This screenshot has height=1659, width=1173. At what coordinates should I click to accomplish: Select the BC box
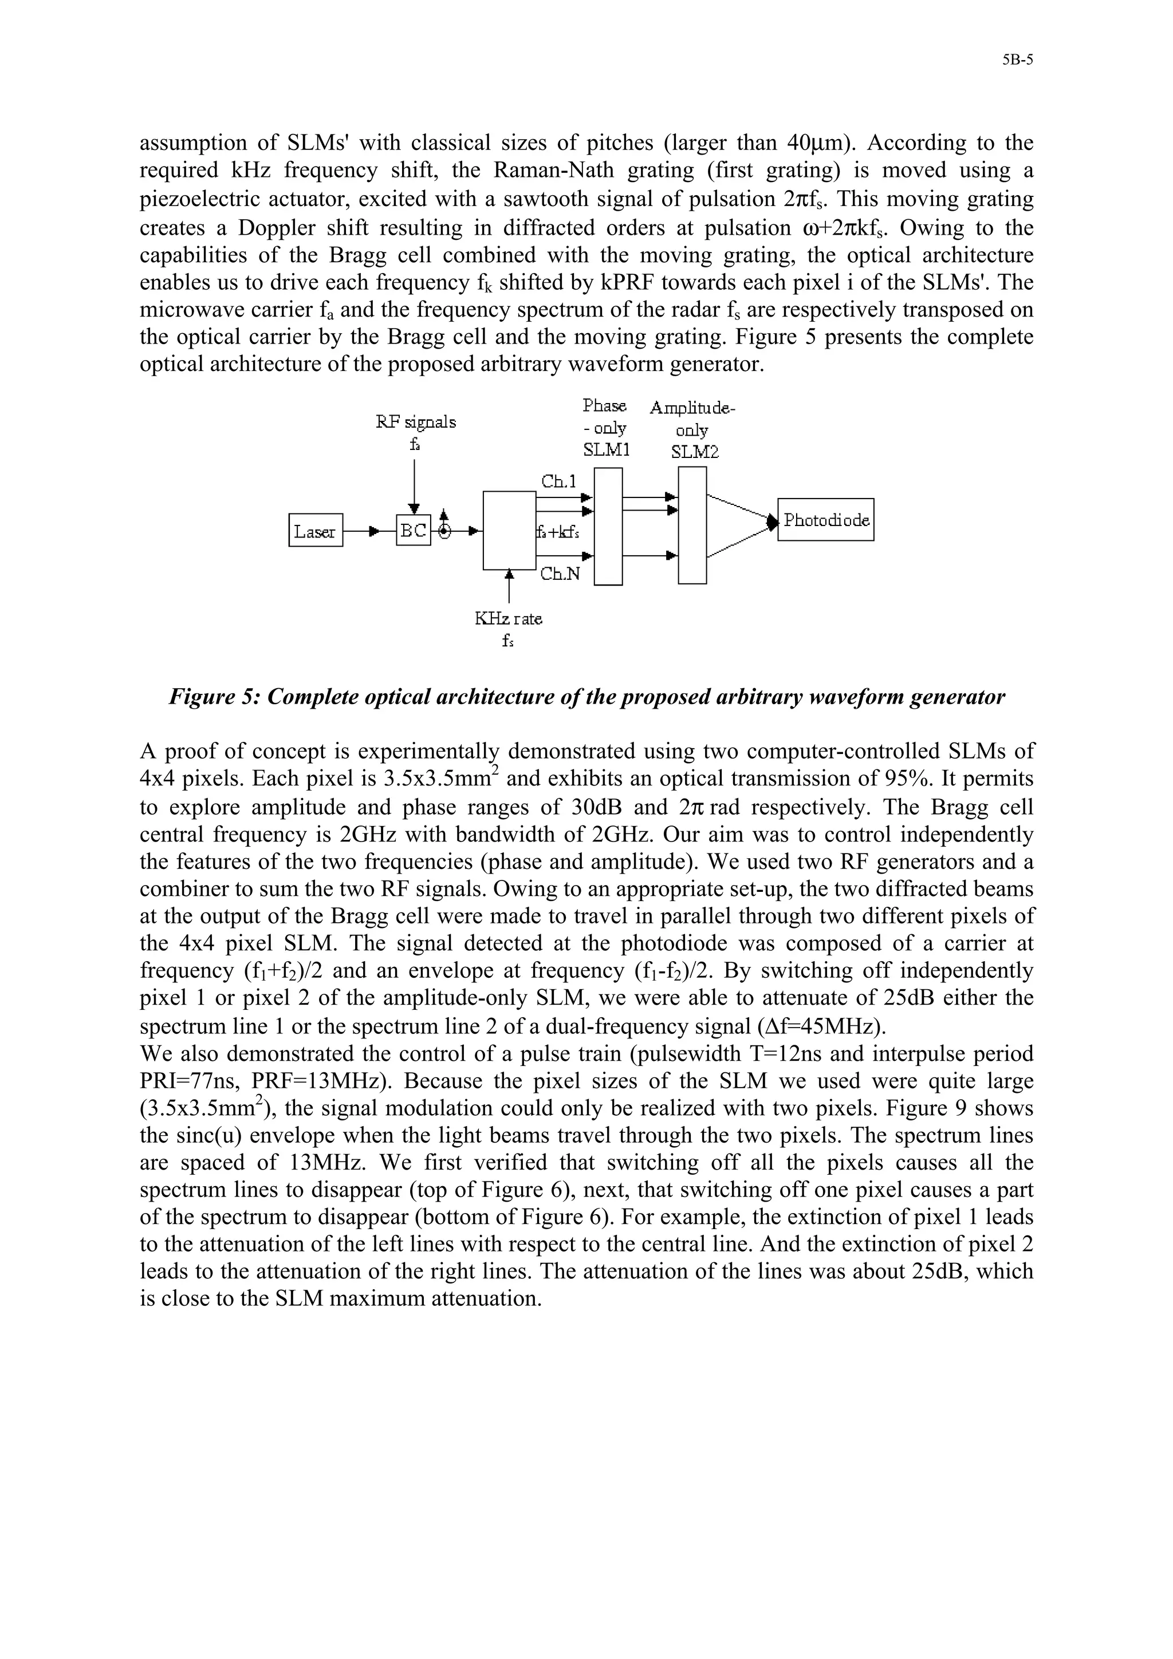[x=414, y=530]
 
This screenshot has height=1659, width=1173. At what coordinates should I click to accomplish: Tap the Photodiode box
[x=826, y=520]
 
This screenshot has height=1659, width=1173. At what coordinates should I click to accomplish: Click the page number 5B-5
[x=1018, y=61]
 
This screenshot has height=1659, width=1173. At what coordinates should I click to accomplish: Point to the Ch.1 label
[x=558, y=481]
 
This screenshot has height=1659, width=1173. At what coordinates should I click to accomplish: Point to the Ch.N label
[x=560, y=575]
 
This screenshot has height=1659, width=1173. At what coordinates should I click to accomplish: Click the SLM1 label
[x=607, y=450]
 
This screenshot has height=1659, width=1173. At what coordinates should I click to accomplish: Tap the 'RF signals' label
[x=416, y=421]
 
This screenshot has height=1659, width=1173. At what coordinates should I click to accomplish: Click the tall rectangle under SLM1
[x=608, y=526]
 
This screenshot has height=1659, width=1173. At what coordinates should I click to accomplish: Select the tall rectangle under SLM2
[x=692, y=524]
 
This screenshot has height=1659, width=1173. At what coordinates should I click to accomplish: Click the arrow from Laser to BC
[x=370, y=531]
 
